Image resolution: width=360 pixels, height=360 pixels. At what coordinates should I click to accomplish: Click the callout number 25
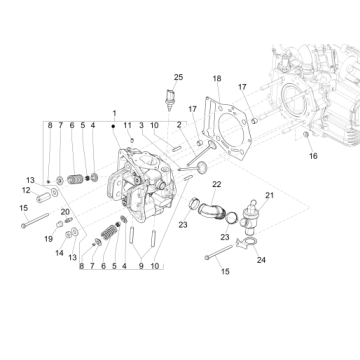(x=178, y=77)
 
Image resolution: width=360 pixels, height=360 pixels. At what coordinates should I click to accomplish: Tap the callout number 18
(x=216, y=77)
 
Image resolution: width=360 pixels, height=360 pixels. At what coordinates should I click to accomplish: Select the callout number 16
(x=283, y=157)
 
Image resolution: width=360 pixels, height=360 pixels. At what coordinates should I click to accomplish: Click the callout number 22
(x=216, y=185)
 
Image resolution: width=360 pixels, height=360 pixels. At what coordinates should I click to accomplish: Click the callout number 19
(x=48, y=238)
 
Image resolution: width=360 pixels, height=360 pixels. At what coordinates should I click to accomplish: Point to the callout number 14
(x=59, y=253)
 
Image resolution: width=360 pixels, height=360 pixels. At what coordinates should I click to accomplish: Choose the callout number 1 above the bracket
(x=115, y=112)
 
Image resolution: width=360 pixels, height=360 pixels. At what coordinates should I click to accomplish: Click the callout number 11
(x=127, y=124)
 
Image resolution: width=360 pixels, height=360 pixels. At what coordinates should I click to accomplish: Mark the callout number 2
(x=178, y=124)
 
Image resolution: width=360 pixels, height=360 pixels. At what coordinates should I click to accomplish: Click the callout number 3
(x=141, y=124)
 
